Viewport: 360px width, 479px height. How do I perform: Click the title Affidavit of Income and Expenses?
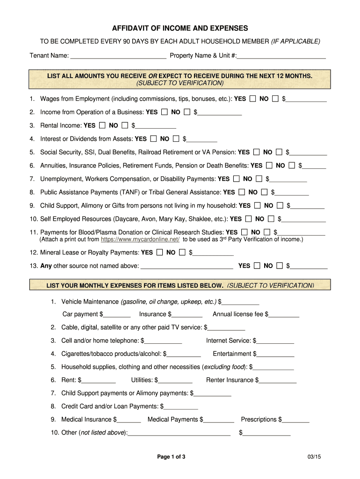180,28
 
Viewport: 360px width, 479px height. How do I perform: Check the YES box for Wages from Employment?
253,99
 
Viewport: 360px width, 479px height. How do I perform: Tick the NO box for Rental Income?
125,125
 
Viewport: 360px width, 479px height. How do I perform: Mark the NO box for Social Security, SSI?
279,152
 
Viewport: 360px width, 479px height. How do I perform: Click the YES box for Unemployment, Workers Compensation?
237,179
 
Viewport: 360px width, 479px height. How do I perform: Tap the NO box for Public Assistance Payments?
265,192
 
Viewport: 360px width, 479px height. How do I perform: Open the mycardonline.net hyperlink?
140,239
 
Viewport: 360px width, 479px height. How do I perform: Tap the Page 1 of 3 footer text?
171,457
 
